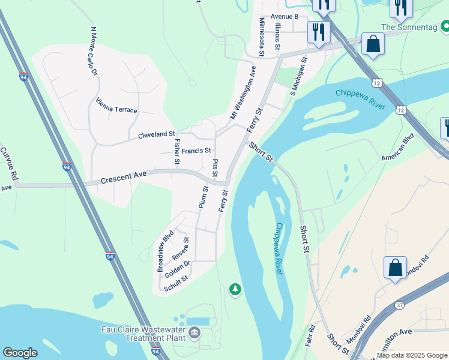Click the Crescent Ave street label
pos(124,178)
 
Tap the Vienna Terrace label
pos(116,109)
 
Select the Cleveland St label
pos(156,135)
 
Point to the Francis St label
pos(196,151)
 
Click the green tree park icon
pos(235,290)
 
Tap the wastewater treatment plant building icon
pos(194,332)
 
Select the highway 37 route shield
pos(399,305)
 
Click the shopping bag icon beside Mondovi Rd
pos(396,267)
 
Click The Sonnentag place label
pos(410,27)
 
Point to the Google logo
pos(20,353)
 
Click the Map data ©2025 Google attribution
pos(412,355)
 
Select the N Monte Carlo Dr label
pos(94,50)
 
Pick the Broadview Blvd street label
pos(166,250)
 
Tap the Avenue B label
pos(285,16)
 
